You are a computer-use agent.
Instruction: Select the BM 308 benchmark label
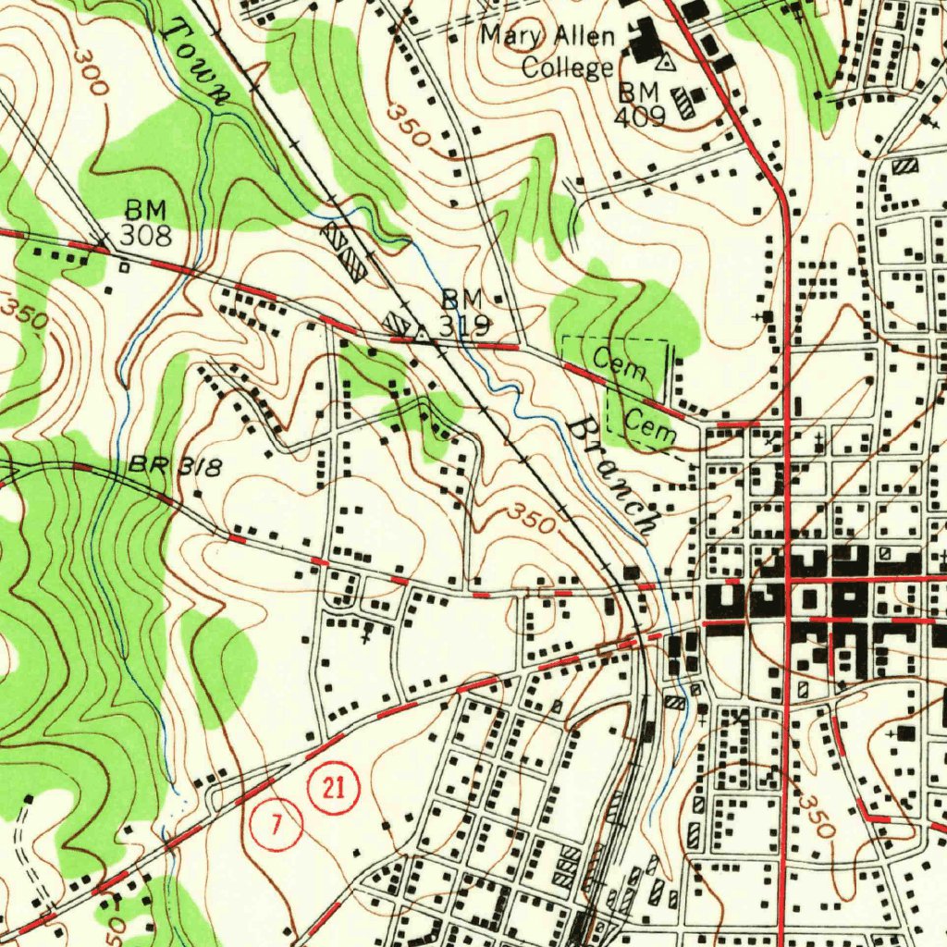tap(146, 222)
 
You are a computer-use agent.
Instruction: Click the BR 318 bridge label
tap(176, 467)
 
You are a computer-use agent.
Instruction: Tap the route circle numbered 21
tap(334, 789)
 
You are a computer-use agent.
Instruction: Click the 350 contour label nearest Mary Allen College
tap(408, 126)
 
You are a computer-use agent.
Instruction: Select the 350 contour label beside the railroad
tap(531, 519)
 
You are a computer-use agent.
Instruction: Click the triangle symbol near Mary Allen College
tap(664, 63)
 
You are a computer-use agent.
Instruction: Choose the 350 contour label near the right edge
tap(817, 814)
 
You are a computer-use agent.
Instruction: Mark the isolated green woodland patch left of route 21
tap(220, 662)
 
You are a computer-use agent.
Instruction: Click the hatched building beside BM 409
tap(683, 102)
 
